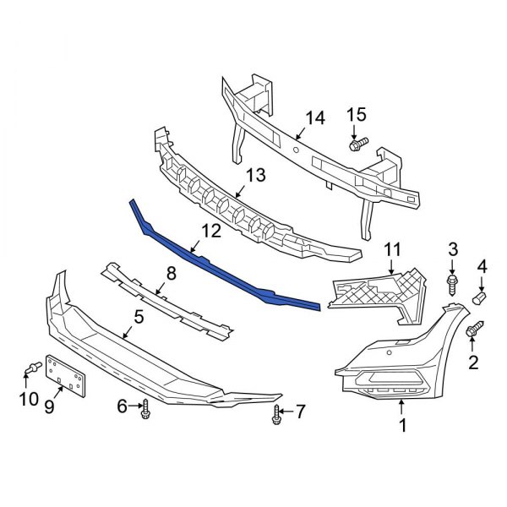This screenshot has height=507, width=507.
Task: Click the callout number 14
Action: pyautogui.click(x=314, y=117)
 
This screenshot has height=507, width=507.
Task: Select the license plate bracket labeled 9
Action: pyautogui.click(x=67, y=373)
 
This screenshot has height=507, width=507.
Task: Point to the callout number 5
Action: pyautogui.click(x=139, y=318)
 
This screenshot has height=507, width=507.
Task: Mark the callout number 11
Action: pyautogui.click(x=390, y=250)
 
